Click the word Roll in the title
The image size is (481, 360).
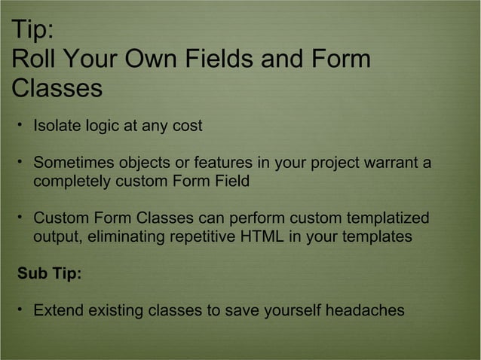coord(32,59)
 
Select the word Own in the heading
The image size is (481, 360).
coord(156,59)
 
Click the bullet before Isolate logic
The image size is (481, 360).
coord(21,124)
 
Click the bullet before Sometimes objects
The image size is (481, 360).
coord(21,162)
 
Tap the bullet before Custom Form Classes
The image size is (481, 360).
coord(21,217)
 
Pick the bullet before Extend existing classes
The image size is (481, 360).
coord(21,309)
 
